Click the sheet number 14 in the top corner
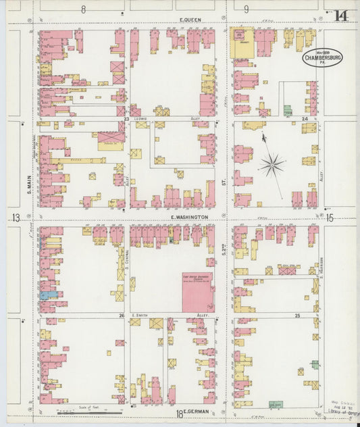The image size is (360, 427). tap(341, 14)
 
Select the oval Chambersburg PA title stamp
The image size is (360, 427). tap(322, 58)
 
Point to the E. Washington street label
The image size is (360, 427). tap(184, 217)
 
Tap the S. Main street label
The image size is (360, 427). tap(30, 180)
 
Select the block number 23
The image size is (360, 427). tap(126, 119)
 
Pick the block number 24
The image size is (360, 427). tap(304, 119)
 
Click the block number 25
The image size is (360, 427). tap(297, 316)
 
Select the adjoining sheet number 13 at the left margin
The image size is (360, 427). tap(15, 217)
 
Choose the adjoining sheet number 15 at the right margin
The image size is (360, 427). tap(330, 217)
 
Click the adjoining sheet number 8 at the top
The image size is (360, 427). tap(84, 9)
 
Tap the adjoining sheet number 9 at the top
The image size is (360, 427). tap(246, 9)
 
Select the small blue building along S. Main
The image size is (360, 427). tap(44, 295)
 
